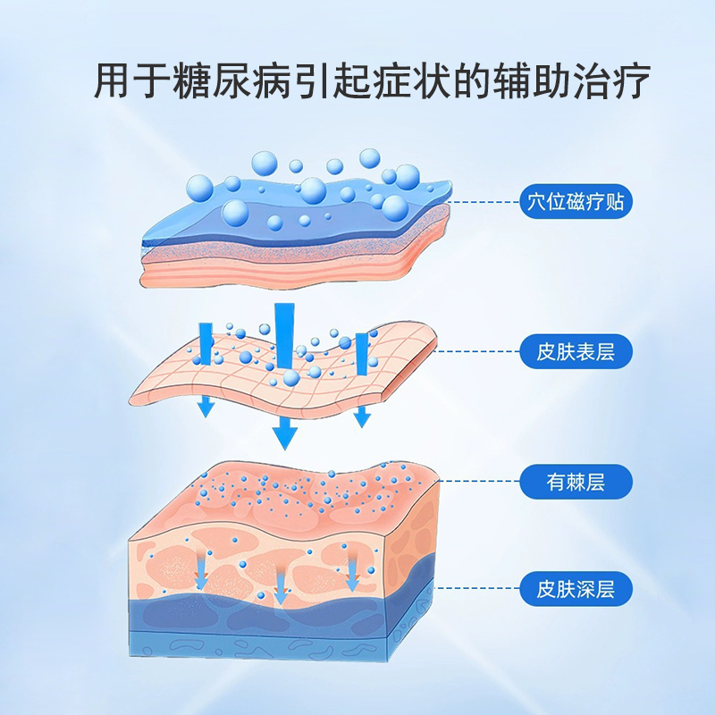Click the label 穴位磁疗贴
tap(576, 202)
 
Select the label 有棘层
tap(576, 483)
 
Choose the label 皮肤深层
tap(576, 590)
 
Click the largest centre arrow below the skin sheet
tap(285, 435)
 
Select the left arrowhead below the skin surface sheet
tap(206, 408)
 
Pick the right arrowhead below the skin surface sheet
tap(361, 416)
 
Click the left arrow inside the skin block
tap(201, 572)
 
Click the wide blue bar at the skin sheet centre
tap(285, 335)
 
